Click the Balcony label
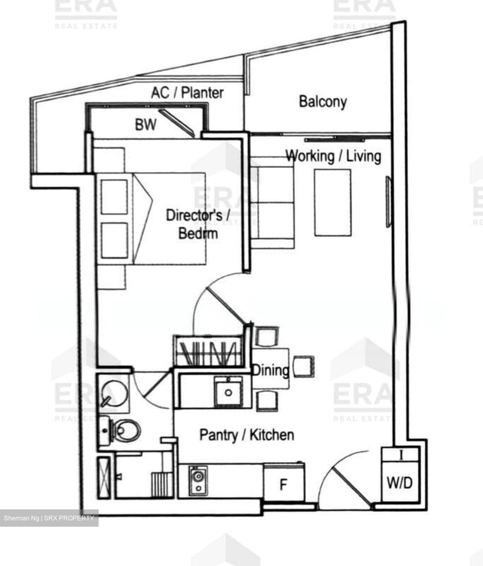[323, 101]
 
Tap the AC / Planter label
[187, 93]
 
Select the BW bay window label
[145, 125]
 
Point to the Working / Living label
[333, 156]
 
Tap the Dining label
[270, 370]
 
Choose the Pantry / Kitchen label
[247, 435]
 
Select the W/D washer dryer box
[400, 482]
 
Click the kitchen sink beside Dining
[228, 391]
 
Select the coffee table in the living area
[332, 202]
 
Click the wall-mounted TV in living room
[388, 201]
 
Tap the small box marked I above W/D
[401, 456]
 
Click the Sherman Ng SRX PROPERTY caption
[49, 518]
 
